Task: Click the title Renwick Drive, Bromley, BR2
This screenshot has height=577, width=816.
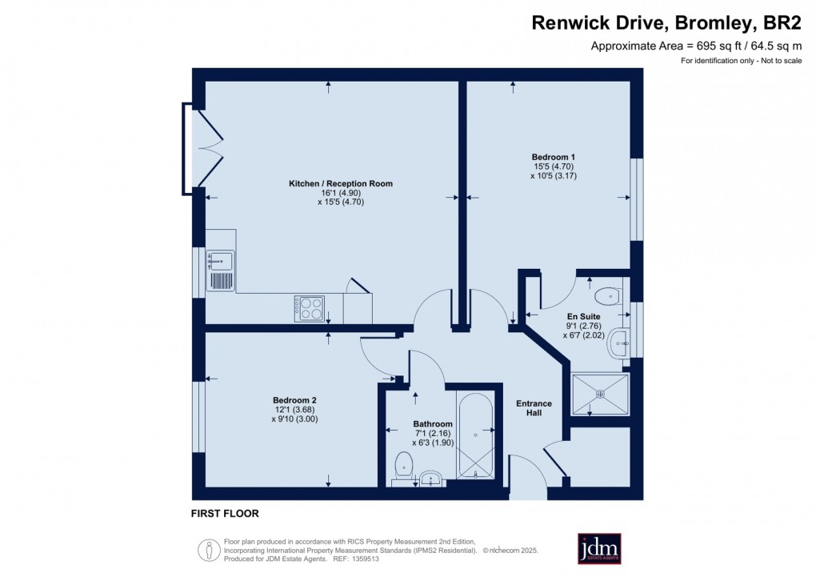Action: coord(666,23)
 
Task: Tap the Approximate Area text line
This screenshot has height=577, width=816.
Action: coord(696,46)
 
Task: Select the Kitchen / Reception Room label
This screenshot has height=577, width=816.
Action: coord(341,183)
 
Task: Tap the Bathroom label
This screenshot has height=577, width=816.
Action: coord(433,424)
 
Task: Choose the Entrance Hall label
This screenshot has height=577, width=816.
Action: coord(534,408)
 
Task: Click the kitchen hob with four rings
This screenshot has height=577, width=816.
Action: coord(311,308)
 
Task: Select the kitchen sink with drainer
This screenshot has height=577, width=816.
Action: coord(220,270)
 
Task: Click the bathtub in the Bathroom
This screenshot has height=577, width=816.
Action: coord(475,435)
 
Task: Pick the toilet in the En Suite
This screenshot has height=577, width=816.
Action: coord(610,295)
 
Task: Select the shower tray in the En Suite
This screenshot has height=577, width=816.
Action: coord(600,394)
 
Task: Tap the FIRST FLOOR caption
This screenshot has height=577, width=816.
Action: coord(225,513)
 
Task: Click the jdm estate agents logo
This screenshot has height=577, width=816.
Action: coord(599,549)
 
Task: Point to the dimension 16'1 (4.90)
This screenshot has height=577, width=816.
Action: coord(341,193)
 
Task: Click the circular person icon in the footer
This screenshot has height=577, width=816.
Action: coord(209,550)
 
